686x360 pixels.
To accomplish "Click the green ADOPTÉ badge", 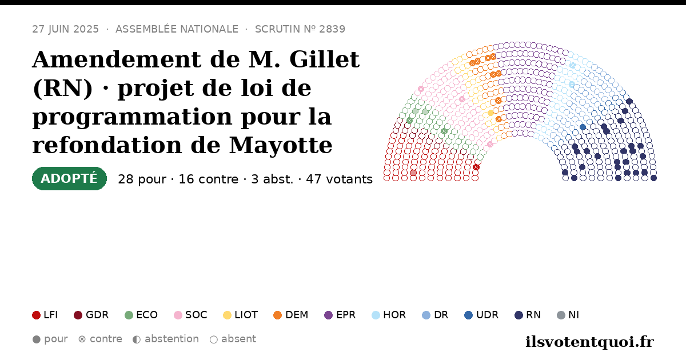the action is [69, 178].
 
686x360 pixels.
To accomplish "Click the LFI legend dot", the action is [36, 315].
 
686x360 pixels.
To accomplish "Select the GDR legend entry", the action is [91, 315].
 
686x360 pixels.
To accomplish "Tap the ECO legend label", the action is [147, 315].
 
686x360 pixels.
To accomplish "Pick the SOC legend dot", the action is [178, 315].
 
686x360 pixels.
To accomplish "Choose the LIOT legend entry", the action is [241, 315].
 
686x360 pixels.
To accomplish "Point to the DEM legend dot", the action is [277, 315].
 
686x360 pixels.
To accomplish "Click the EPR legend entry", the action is [340, 315].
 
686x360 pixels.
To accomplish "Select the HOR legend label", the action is [394, 315].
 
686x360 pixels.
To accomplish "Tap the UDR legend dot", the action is [469, 315].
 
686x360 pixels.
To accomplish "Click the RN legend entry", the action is [528, 315].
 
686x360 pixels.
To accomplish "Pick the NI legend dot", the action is [561, 315].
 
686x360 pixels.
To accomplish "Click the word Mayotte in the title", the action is [281, 145].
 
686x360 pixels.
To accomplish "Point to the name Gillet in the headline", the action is [324, 59].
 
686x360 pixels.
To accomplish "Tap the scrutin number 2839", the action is [332, 29].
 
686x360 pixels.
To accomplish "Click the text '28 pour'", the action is [142, 179].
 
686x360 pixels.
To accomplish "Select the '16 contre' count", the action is [208, 179].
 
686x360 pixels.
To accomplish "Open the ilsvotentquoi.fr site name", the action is [589, 342].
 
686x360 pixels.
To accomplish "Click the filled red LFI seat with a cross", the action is [476, 167].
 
